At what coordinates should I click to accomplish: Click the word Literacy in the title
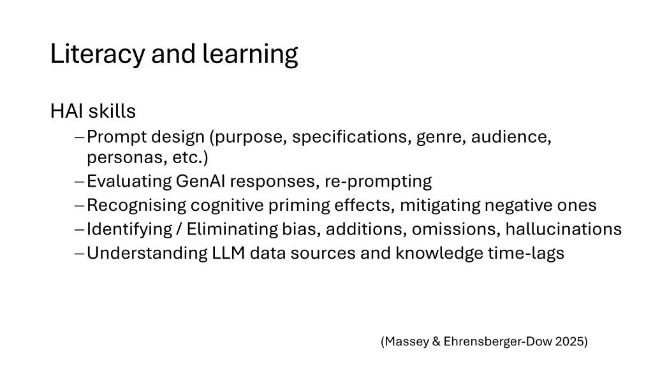point(98,55)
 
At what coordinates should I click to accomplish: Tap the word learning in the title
point(250,55)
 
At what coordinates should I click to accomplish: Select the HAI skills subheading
point(93,112)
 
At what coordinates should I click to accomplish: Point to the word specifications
point(351,136)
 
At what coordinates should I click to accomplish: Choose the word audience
point(511,136)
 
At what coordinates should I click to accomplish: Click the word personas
point(125,157)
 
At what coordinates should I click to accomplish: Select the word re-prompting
point(378,182)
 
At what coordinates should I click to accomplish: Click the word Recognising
point(136,206)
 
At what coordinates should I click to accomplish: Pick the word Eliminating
point(232,229)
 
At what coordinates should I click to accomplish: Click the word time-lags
point(526,254)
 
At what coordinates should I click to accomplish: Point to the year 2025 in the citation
point(571,342)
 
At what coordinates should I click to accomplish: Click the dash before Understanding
point(78,254)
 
